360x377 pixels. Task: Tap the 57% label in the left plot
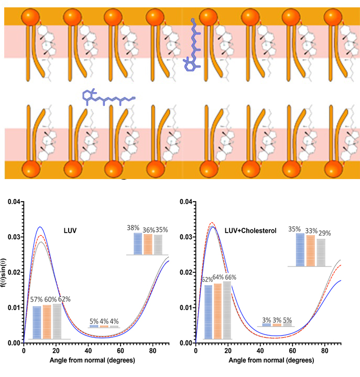pyautogui.click(x=36, y=300)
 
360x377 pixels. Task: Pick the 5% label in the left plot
pyautogui.click(x=94, y=320)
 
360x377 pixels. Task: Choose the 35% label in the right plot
pyautogui.click(x=295, y=229)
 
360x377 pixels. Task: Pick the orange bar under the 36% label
pyautogui.click(x=149, y=243)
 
